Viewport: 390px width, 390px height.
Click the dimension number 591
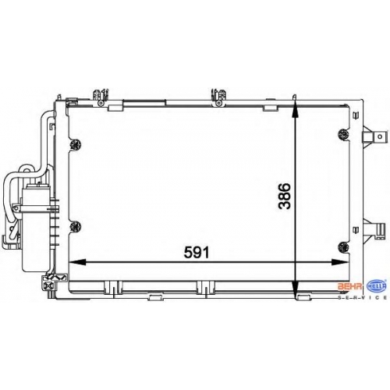tap(197, 252)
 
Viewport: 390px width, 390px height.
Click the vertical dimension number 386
tap(284, 196)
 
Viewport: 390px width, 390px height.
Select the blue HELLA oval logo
tap(377, 286)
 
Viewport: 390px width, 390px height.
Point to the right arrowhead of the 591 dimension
tap(339, 262)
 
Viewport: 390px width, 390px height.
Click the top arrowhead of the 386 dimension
tap(295, 109)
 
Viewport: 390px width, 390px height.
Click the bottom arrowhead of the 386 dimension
tap(295, 290)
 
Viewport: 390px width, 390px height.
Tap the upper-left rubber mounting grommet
tap(76, 144)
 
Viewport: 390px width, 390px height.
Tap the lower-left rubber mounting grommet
tap(76, 226)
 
